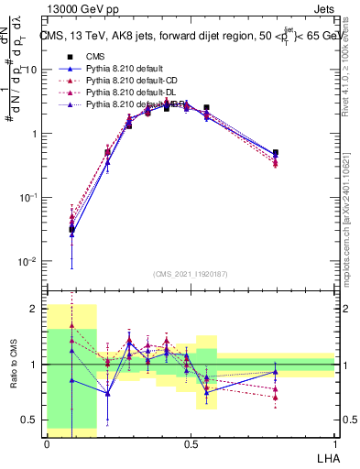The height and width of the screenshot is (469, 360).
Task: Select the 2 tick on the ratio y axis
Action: (37, 309)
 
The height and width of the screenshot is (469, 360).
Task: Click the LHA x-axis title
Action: (324, 456)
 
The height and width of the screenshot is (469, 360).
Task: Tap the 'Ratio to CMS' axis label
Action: (12, 365)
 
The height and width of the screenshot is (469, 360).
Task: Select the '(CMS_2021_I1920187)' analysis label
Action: (191, 274)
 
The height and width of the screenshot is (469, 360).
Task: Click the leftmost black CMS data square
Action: (71, 229)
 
